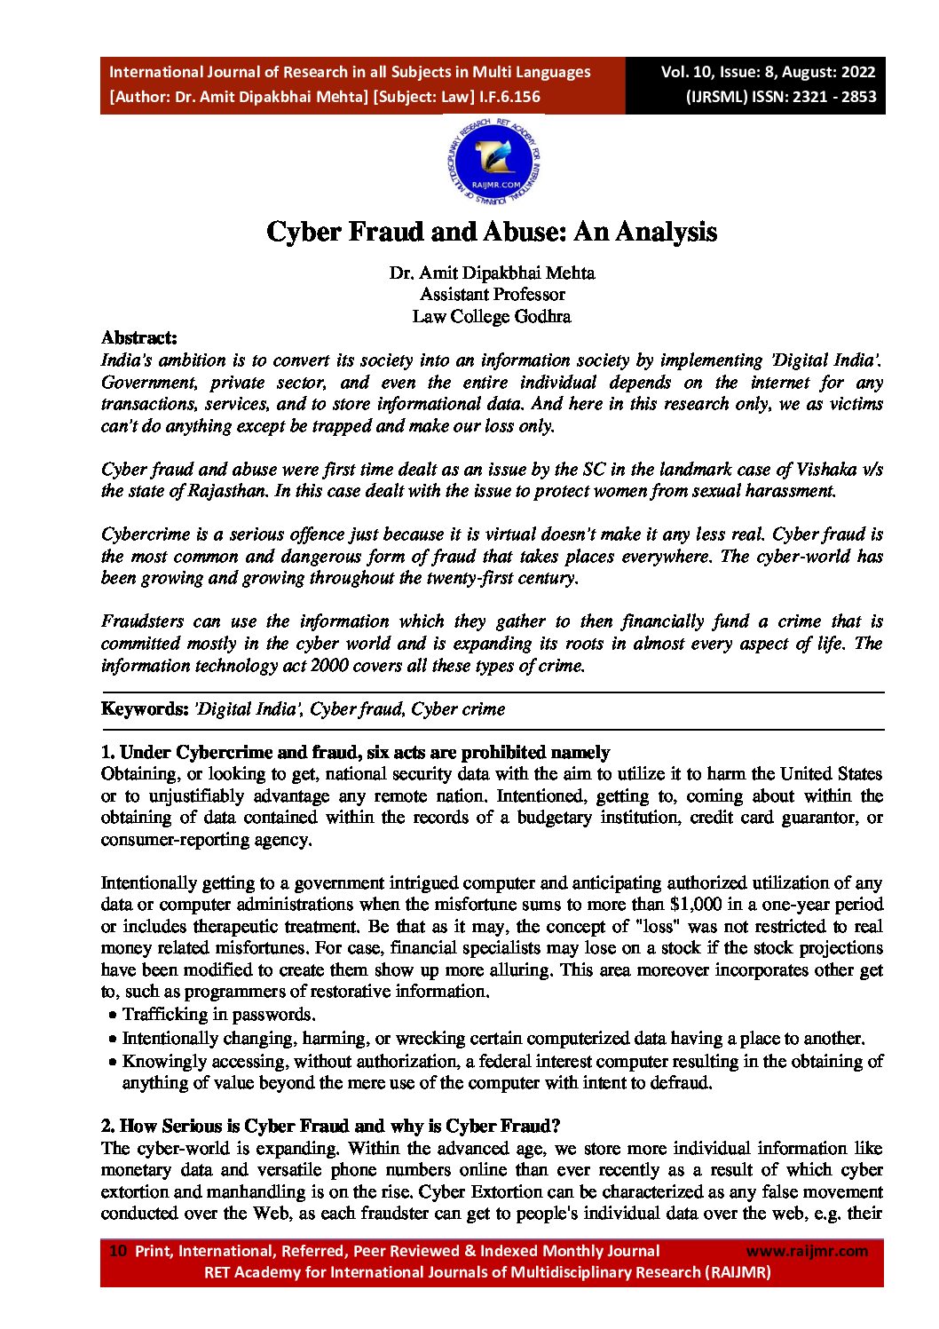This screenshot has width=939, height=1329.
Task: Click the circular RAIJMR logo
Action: [494, 163]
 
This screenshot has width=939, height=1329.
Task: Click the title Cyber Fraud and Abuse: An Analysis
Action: [492, 233]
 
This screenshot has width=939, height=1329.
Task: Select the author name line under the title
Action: [492, 273]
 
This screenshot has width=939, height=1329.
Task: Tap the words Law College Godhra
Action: [492, 316]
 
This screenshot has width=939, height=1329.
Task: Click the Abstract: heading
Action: [139, 337]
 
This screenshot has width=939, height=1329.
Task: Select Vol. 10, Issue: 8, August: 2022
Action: [768, 73]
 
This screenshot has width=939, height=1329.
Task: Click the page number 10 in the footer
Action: [117, 1251]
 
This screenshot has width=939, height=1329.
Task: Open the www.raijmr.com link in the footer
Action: [807, 1251]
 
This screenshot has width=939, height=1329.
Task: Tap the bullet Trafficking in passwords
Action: [218, 1014]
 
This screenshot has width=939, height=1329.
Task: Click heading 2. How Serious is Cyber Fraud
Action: [330, 1126]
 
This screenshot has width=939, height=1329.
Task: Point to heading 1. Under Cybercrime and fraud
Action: [355, 752]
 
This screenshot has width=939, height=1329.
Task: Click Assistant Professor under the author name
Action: [492, 294]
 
